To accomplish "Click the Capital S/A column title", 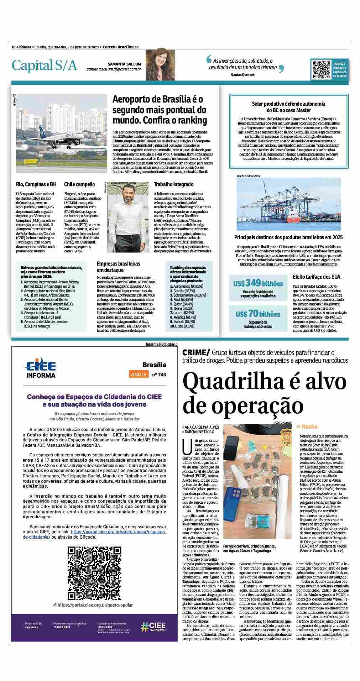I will (44, 65).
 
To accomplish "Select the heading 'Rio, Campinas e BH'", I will (36, 184).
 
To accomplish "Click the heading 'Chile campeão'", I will (79, 184).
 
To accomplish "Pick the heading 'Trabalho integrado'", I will (173, 184).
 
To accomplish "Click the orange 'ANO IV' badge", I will (139, 374).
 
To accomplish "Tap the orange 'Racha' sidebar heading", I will (307, 426).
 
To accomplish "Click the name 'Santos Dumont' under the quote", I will (242, 75).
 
